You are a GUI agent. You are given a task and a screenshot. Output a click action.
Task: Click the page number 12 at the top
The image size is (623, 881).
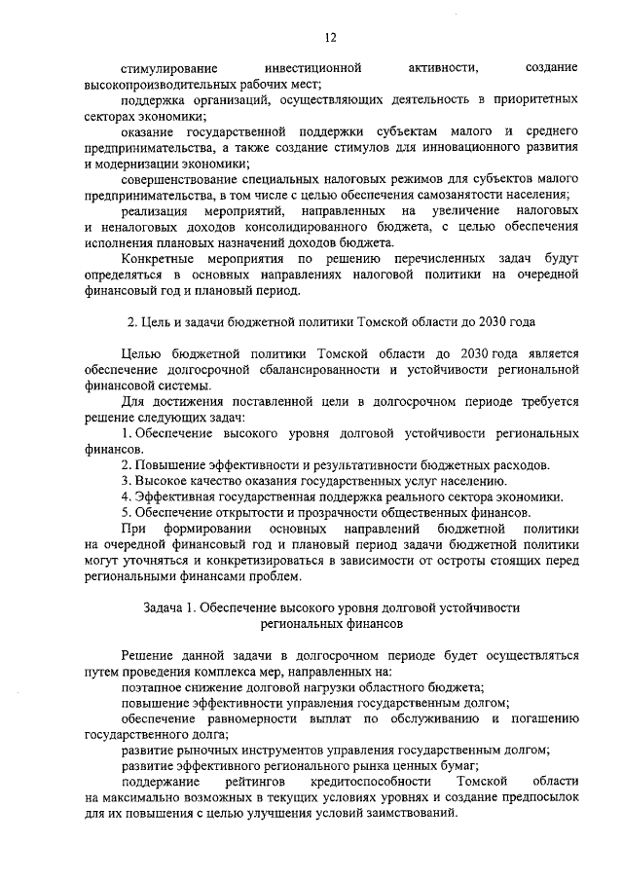click(330, 37)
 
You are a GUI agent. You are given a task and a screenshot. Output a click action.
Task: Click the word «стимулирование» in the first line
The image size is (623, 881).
click(164, 68)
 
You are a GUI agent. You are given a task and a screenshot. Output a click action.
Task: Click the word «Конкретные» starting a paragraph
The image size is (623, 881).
click(161, 258)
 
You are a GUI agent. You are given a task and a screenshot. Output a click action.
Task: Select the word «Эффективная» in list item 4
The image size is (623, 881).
click(177, 496)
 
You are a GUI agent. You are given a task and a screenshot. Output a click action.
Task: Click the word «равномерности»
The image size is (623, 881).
click(248, 718)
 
